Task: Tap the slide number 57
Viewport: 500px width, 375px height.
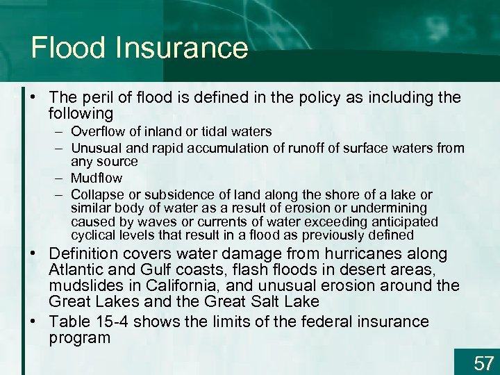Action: tap(483, 362)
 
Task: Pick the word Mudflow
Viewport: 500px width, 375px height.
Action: tap(97, 178)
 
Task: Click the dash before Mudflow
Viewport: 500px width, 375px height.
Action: tap(60, 178)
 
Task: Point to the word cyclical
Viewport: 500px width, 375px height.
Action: tap(92, 235)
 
